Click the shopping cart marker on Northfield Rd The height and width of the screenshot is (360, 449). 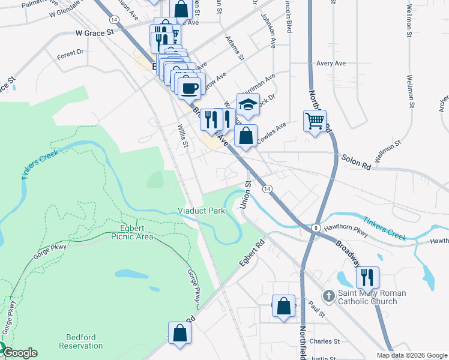[315, 121]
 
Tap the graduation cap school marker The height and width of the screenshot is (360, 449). [248, 104]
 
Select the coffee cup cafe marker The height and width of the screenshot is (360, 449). [189, 88]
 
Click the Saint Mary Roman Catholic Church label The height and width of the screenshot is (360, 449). [364, 297]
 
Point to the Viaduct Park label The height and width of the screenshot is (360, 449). [200, 211]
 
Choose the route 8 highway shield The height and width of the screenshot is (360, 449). [315, 227]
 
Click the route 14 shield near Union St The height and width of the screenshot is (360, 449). [265, 188]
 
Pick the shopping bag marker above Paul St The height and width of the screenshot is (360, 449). [284, 306]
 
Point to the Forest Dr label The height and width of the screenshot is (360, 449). [70, 54]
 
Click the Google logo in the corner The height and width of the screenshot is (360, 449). [19, 353]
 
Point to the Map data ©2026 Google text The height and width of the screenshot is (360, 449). [411, 355]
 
